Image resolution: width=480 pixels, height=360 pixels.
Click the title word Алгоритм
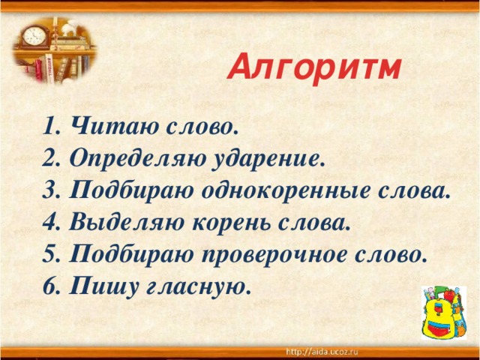315,69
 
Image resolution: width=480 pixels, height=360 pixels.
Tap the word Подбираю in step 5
127,255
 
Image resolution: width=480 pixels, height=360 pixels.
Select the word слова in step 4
318,223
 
